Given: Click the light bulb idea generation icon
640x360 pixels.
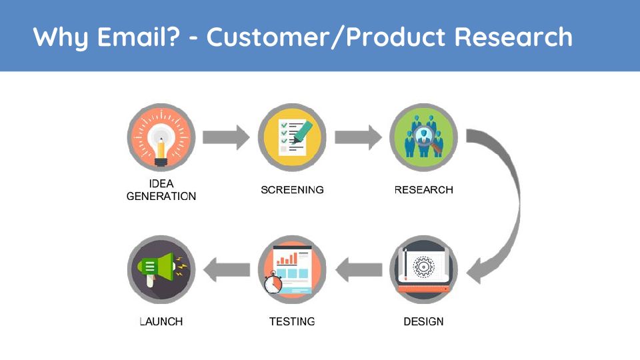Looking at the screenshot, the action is pyautogui.click(x=161, y=137).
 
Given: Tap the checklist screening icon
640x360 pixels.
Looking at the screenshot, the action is pyautogui.click(x=292, y=137).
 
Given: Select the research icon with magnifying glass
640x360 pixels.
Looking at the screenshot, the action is pyautogui.click(x=424, y=137).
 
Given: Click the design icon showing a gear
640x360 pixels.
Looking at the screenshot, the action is pyautogui.click(x=424, y=269).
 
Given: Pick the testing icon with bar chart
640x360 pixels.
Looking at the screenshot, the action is pyautogui.click(x=292, y=269).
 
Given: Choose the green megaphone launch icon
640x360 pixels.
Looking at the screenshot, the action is pyautogui.click(x=161, y=269).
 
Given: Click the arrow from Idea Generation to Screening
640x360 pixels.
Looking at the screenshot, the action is pyautogui.click(x=226, y=137).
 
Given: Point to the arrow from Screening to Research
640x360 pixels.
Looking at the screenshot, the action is pyautogui.click(x=358, y=137).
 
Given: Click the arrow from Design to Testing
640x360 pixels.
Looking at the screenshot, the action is pyautogui.click(x=359, y=270).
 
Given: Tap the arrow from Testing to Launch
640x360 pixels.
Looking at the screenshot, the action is pyautogui.click(x=227, y=270).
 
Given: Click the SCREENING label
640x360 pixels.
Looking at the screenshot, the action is pyautogui.click(x=292, y=190).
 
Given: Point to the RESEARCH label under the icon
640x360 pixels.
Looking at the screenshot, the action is pyautogui.click(x=424, y=190).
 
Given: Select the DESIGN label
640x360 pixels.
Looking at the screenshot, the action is pyautogui.click(x=424, y=321).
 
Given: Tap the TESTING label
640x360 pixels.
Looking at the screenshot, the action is pyautogui.click(x=292, y=321).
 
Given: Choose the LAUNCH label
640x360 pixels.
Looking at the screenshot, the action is pyautogui.click(x=161, y=321).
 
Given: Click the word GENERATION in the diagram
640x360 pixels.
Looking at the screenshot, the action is pyautogui.click(x=161, y=196).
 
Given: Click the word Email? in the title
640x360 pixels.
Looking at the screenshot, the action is pyautogui.click(x=139, y=37).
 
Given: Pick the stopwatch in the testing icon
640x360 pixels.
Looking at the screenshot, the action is pyautogui.click(x=273, y=283).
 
